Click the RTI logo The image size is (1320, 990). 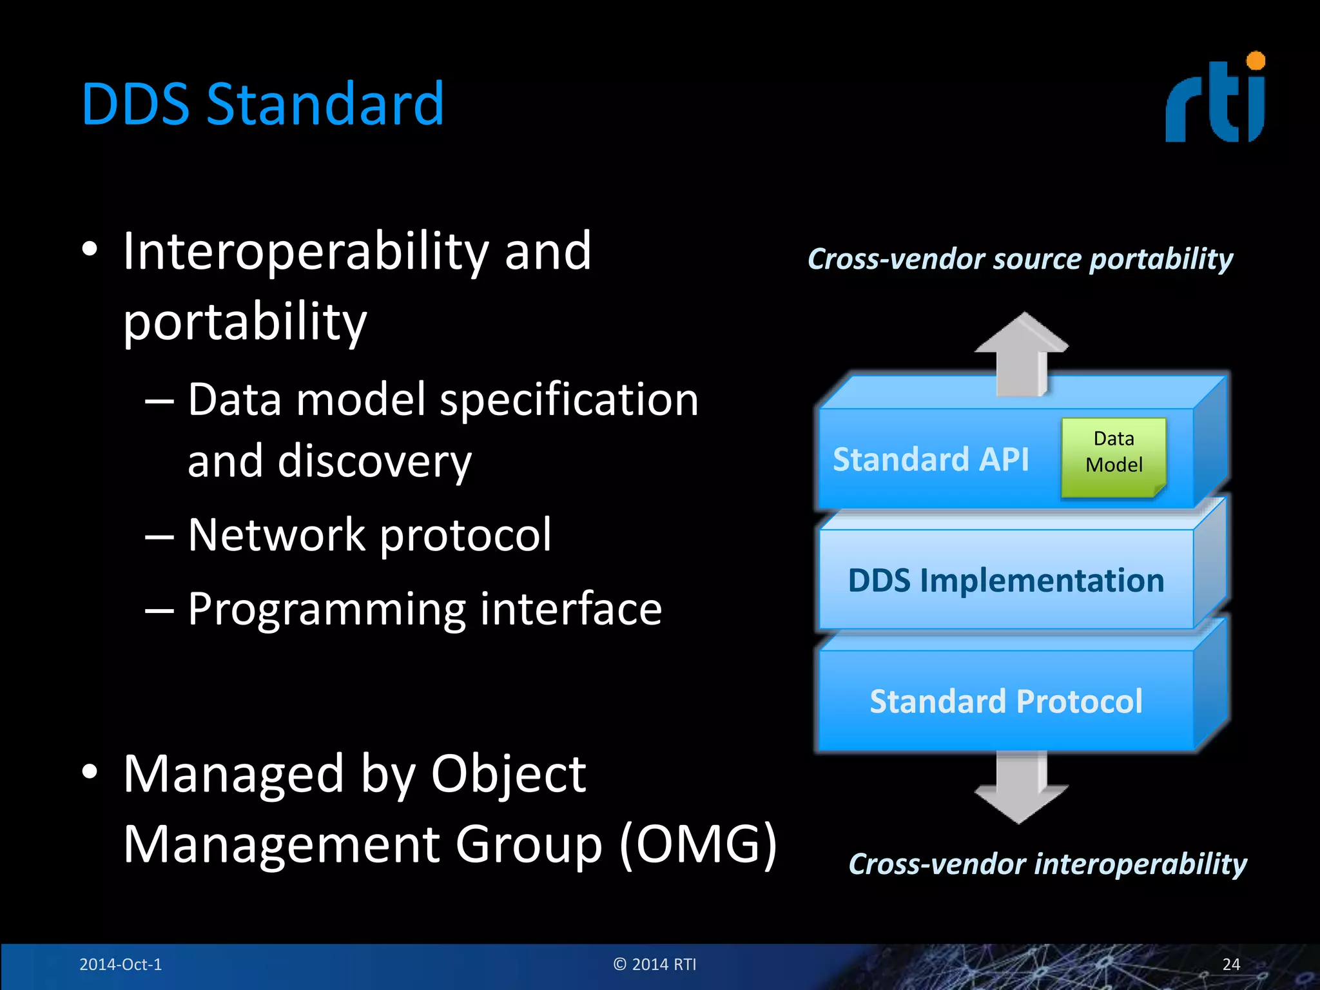point(1214,100)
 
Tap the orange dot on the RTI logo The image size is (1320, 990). point(1256,62)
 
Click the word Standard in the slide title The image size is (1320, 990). point(325,104)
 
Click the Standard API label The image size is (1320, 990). point(931,460)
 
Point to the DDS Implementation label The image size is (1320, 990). point(1005,580)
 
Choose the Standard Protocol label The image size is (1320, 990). point(1005,701)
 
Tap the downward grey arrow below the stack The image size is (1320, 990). point(1021,788)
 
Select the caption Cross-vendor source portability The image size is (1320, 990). point(1020,259)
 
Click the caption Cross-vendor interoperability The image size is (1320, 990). point(1047,864)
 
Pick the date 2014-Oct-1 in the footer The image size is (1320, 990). point(121,964)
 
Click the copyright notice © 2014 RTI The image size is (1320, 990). point(655,964)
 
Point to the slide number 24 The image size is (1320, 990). point(1230,964)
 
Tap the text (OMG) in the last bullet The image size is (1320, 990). point(697,844)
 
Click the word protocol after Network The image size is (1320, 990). point(465,535)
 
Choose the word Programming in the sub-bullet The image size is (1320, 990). point(325,610)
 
